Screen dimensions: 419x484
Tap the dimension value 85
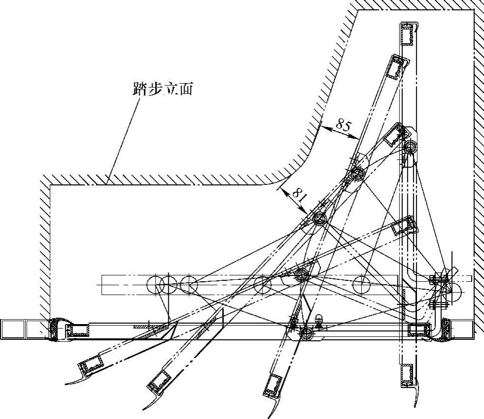coord(343,126)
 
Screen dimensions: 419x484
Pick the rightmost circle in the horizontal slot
coord(361,284)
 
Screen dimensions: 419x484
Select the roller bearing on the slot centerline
coord(302,276)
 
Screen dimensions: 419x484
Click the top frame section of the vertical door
coord(408,35)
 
